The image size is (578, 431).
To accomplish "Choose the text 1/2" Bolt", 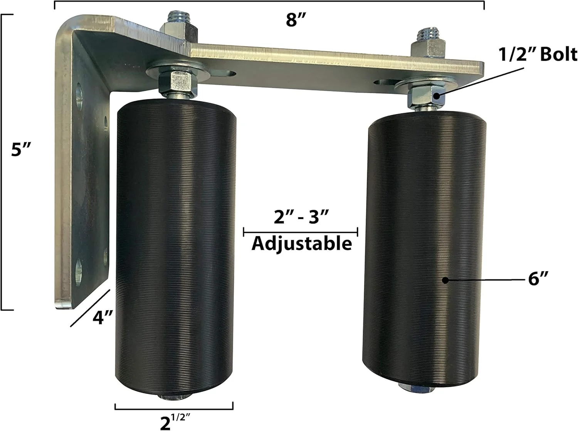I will pos(538,55).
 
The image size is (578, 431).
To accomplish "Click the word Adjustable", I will pos(302,244).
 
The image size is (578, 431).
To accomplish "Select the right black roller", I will pos(424,250).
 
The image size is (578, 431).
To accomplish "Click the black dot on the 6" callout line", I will pos(445,280).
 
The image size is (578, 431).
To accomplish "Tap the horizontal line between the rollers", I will pos(301,232).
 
